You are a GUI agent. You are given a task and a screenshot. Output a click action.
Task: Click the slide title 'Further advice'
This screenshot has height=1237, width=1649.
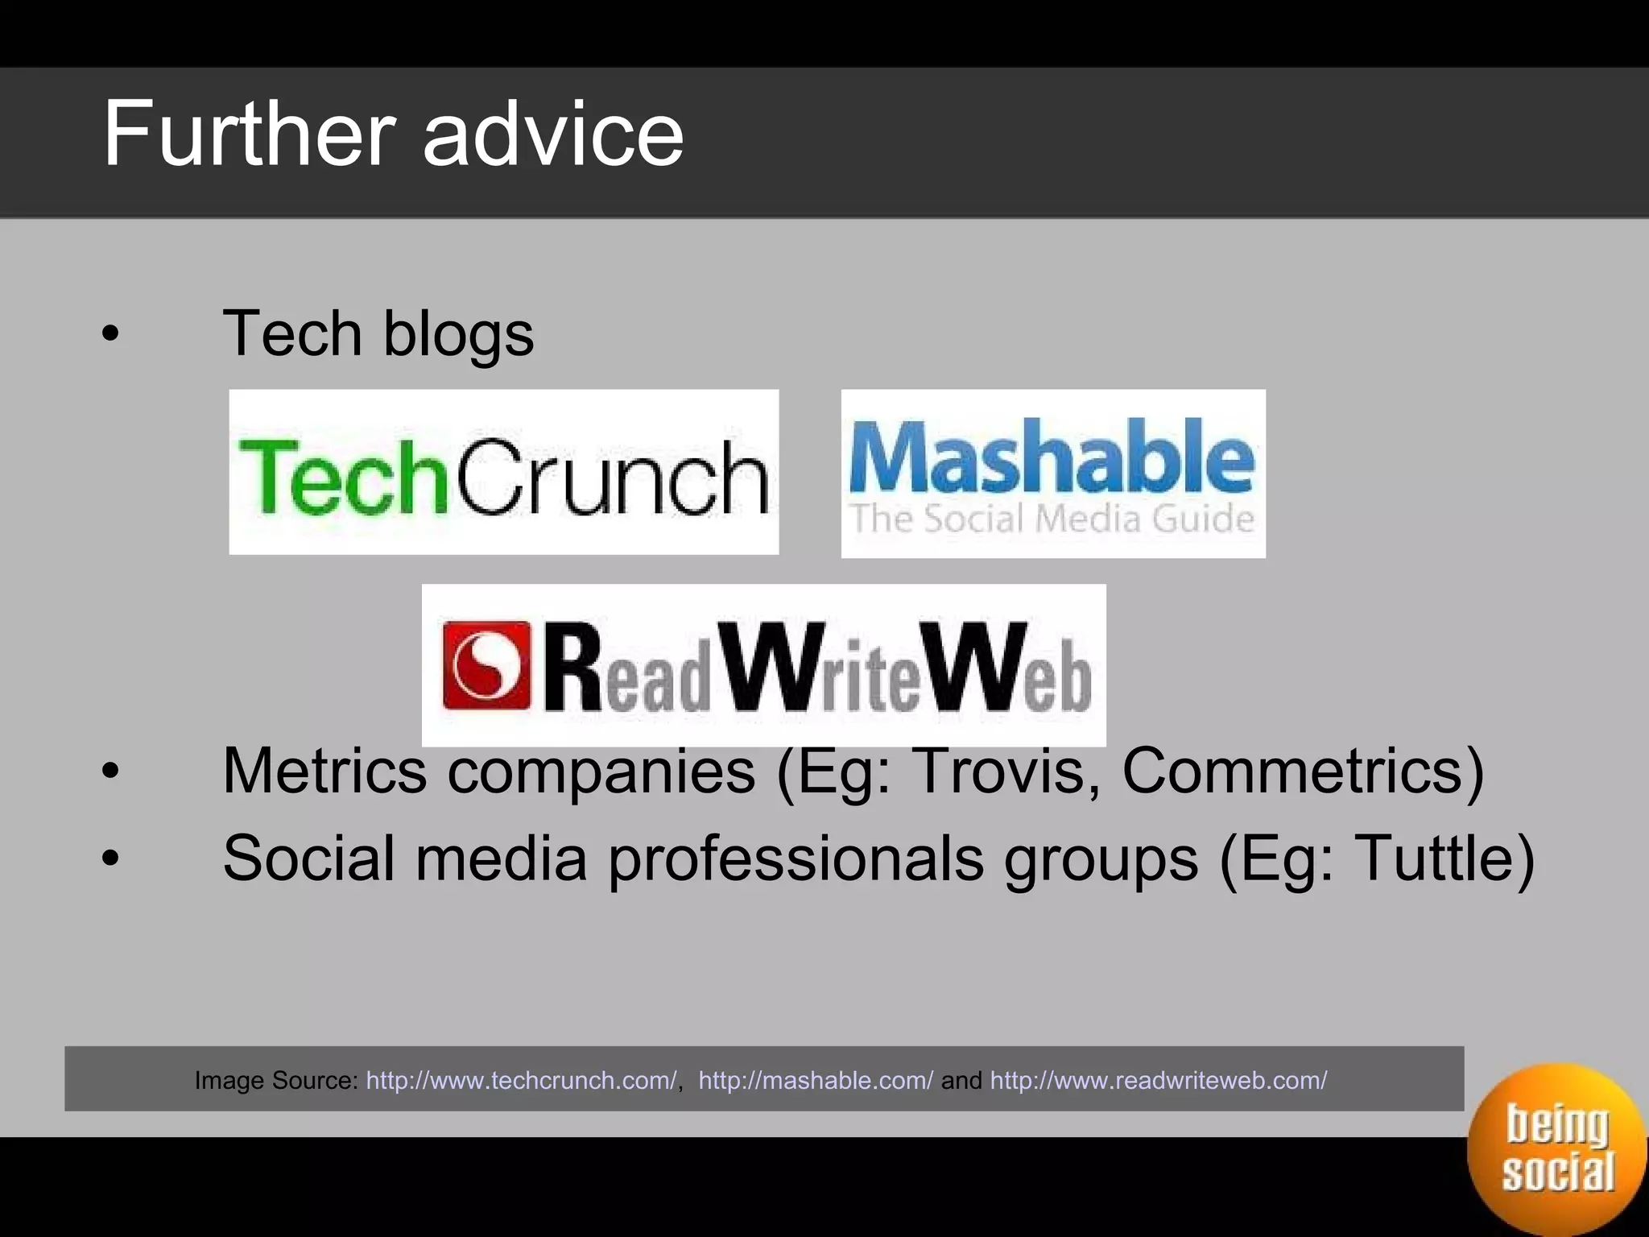(x=393, y=134)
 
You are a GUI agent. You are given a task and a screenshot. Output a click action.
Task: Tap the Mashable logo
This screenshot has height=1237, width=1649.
(x=1052, y=474)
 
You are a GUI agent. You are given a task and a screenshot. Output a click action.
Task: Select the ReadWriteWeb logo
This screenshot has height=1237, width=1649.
(x=763, y=665)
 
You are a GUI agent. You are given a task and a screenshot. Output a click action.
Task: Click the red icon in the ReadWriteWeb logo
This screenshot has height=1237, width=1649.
(x=487, y=665)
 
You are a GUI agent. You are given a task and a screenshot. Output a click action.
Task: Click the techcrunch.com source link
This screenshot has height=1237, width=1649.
(x=521, y=1080)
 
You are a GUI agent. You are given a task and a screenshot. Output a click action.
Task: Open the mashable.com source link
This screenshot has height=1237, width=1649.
(x=815, y=1080)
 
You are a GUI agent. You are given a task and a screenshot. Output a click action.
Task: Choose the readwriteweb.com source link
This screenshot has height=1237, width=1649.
(x=1158, y=1080)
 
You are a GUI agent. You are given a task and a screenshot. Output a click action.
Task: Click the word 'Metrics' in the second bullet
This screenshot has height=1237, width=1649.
(x=324, y=771)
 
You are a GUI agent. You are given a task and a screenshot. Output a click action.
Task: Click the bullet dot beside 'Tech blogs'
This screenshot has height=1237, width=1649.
(x=111, y=334)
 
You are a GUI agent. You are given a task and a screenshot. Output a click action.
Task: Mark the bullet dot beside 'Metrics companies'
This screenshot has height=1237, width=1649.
(x=111, y=772)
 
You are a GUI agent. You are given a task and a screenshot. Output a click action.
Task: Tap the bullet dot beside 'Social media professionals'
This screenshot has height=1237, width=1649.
(x=111, y=859)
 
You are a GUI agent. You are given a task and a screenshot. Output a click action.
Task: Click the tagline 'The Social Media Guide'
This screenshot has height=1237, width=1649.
(x=1052, y=519)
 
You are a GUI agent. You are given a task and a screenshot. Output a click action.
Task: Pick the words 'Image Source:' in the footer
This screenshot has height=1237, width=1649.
(x=276, y=1080)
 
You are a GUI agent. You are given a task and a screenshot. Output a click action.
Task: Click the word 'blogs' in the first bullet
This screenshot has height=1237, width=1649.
(x=458, y=334)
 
